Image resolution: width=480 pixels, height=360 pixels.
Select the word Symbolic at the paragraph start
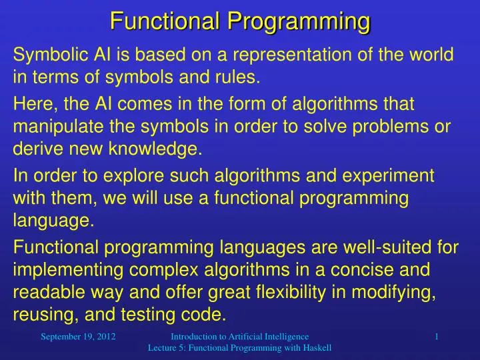(x=43, y=55)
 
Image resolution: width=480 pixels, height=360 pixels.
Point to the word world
(x=433, y=55)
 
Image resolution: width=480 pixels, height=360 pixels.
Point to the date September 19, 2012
(x=79, y=337)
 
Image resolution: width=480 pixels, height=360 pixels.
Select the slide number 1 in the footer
(x=436, y=337)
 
